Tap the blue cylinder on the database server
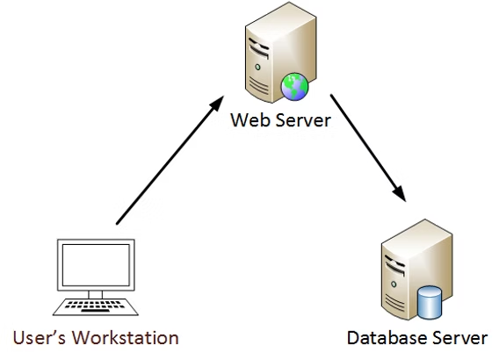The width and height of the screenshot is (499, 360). pos(430,302)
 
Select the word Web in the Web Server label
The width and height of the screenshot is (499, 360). pos(247,119)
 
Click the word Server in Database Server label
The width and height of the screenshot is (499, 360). pos(459,337)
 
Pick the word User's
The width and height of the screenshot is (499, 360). pos(40,337)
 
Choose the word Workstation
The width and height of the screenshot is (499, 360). pos(127,337)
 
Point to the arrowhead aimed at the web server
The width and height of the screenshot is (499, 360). pos(214,107)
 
